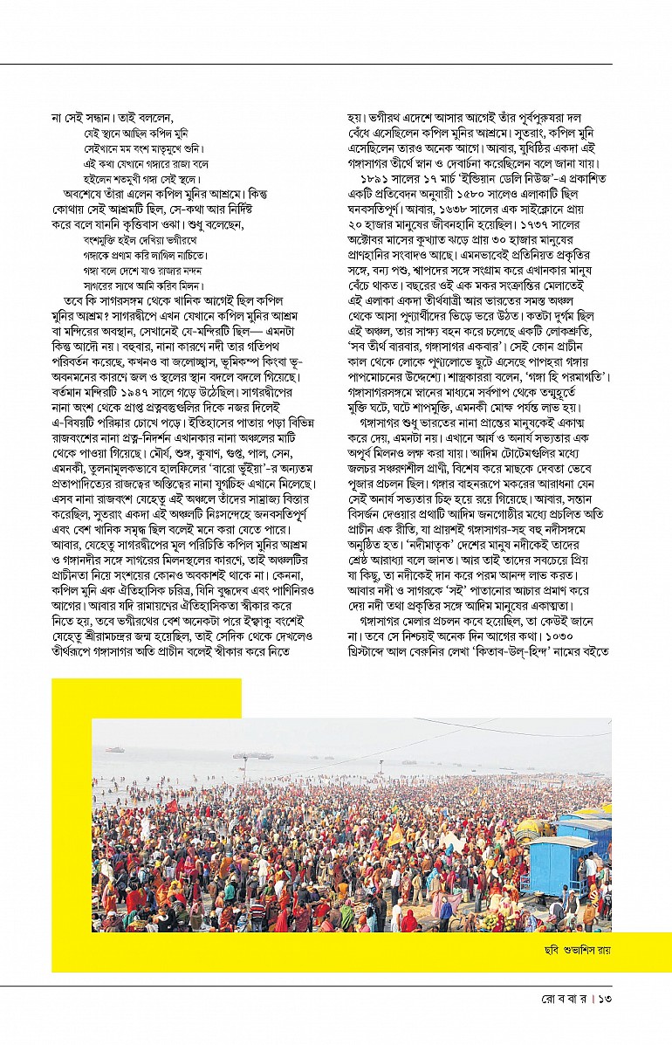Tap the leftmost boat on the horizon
tap(113, 749)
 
